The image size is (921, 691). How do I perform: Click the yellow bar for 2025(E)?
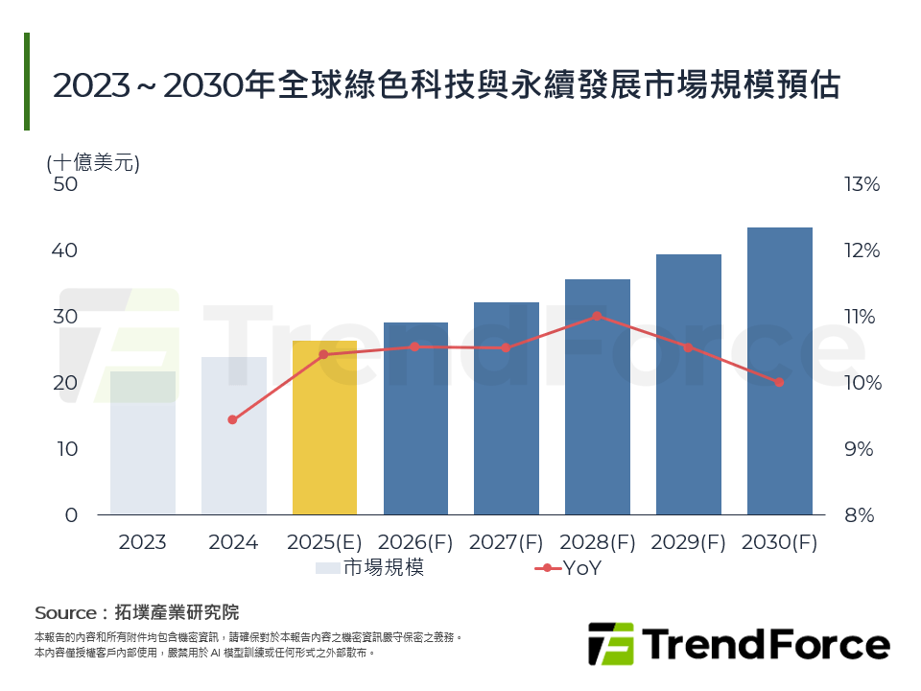coord(324,432)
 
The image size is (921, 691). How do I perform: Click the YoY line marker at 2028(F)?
coord(597,316)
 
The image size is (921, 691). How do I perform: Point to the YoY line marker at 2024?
coord(232,419)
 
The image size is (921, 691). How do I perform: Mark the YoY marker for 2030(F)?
coord(779,382)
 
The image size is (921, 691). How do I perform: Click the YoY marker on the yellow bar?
coord(323,354)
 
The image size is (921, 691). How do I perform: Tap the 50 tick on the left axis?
coord(64,184)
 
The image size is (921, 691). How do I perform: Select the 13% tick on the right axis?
coord(861,184)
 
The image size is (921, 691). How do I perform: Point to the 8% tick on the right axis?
coord(861,515)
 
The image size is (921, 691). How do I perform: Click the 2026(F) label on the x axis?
coord(414,542)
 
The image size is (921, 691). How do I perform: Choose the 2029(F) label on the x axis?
coord(688,542)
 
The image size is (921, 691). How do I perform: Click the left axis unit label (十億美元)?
coord(93,162)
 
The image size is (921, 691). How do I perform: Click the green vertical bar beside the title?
coord(27,82)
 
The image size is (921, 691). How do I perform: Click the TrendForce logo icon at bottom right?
coord(610,644)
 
